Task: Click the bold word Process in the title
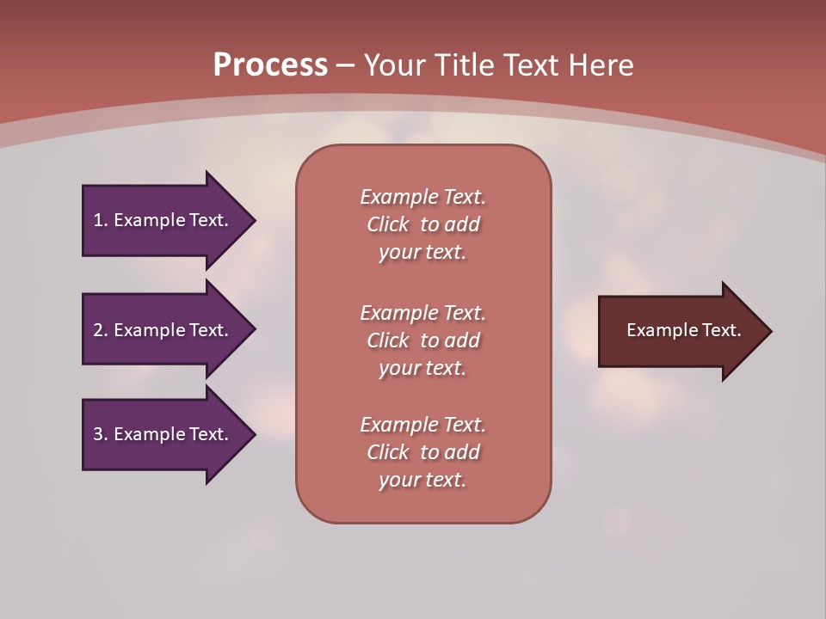click(270, 65)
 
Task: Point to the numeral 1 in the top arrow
click(98, 220)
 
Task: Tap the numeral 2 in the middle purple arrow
click(98, 330)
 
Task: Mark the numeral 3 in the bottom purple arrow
click(98, 434)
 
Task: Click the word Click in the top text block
click(388, 224)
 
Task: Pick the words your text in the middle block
click(422, 368)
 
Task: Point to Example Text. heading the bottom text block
click(422, 425)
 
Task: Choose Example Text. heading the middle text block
click(422, 313)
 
